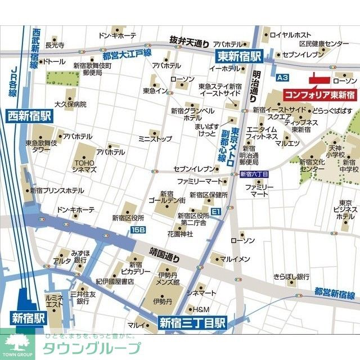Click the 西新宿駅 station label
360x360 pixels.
pos(29,116)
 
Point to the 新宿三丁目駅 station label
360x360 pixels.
pos(192,323)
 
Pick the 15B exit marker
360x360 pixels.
pos(138,229)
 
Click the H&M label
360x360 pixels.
pos(201,309)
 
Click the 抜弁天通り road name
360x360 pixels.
pos(190,41)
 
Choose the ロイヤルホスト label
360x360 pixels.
pos(291,35)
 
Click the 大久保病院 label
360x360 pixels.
pos(70,104)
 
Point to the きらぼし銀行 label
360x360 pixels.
pos(291,277)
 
